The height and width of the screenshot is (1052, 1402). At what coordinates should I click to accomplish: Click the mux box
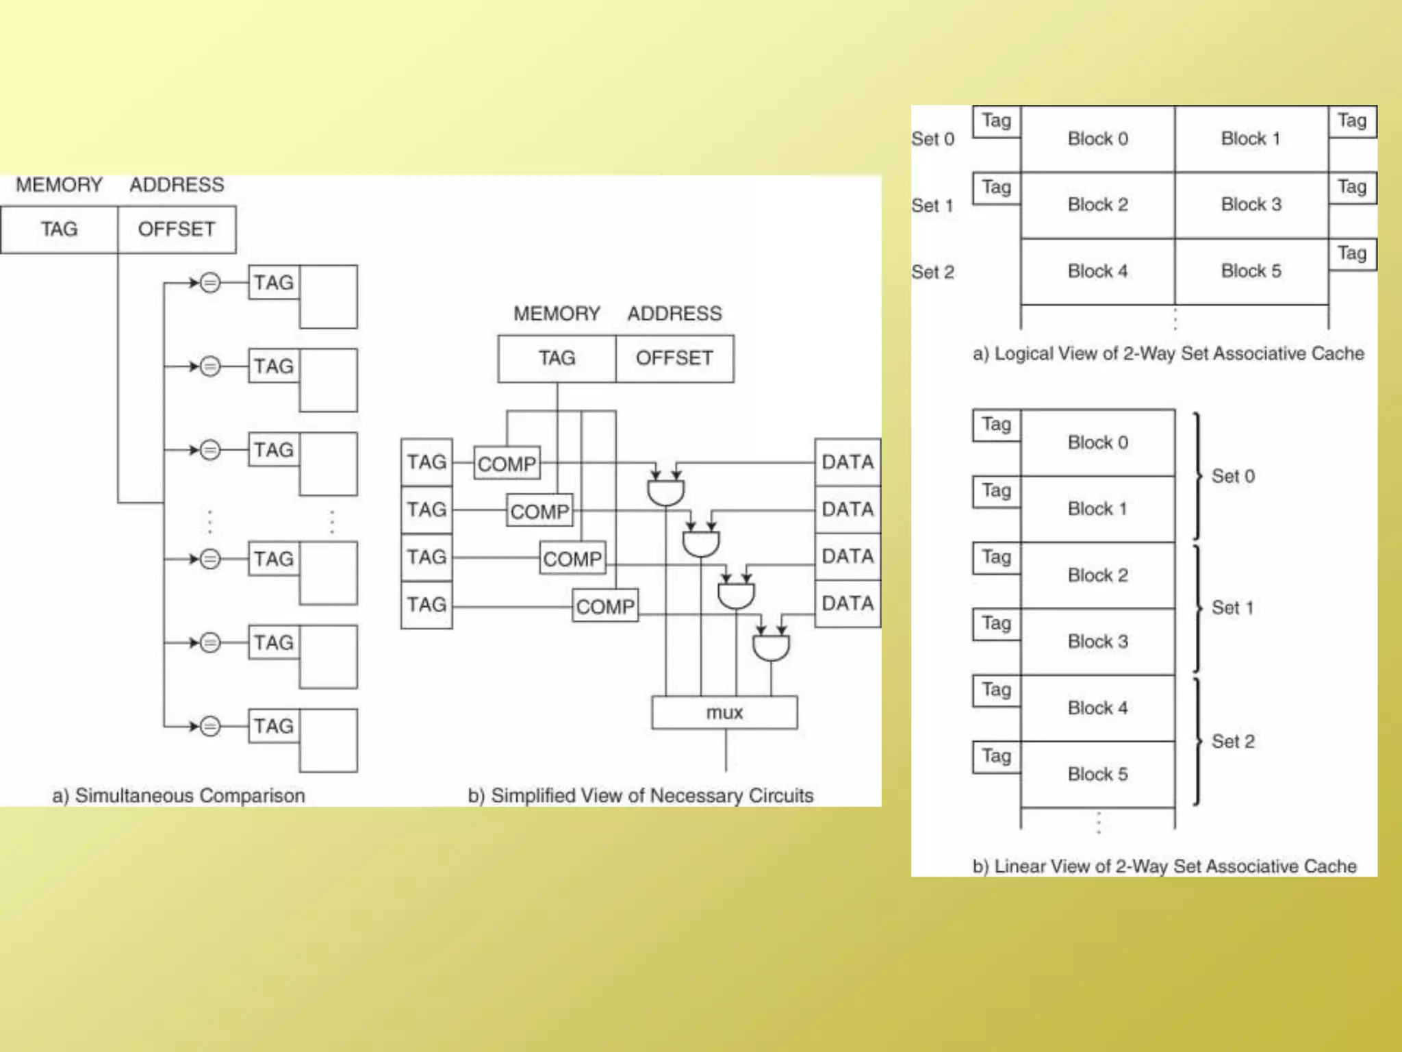[724, 712]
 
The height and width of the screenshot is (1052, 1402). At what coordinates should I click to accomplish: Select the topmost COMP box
[507, 464]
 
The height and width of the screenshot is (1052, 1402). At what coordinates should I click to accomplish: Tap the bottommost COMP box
[605, 606]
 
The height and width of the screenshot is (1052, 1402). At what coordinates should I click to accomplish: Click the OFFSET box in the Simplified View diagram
[674, 358]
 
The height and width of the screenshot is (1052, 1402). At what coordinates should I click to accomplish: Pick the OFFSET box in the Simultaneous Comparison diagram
[177, 229]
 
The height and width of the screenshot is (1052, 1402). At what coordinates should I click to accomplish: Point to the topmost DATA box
[847, 462]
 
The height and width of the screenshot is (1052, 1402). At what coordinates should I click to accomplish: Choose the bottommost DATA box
[847, 604]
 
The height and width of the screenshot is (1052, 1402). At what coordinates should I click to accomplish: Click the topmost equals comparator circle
[210, 282]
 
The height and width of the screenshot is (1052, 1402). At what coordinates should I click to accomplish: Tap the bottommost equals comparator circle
[210, 726]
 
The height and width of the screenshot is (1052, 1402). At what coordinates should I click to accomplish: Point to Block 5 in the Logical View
[1251, 271]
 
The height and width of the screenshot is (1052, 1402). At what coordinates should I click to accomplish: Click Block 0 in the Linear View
[1098, 442]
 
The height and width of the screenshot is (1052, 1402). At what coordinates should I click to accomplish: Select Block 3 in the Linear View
[1098, 642]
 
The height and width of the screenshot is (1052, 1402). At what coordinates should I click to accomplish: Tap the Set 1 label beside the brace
[1232, 608]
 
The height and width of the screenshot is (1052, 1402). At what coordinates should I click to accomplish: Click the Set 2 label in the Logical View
[932, 273]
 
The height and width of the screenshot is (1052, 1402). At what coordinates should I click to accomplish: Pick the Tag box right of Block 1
[1352, 121]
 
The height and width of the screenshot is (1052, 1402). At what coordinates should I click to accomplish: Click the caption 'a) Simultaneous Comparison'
[179, 796]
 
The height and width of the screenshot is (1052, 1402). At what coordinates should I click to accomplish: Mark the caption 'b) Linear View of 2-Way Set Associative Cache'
[1164, 866]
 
